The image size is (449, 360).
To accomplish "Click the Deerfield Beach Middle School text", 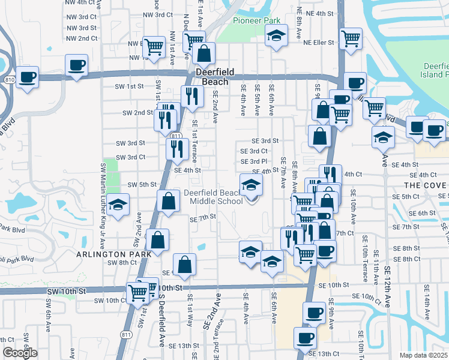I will click(214, 197).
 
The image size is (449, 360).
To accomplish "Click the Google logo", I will click(20, 353).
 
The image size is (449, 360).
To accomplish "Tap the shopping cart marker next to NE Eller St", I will click(351, 38).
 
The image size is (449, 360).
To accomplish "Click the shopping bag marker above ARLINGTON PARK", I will click(157, 241).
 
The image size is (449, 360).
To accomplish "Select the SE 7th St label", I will click(202, 219).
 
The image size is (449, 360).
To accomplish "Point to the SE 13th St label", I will click(183, 346).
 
